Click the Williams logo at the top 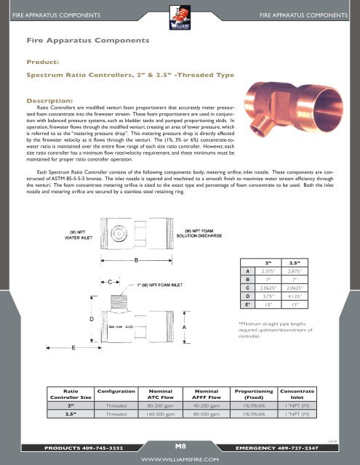point(180,15)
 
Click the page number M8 point(180,444)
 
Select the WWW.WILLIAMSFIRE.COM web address point(180,458)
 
